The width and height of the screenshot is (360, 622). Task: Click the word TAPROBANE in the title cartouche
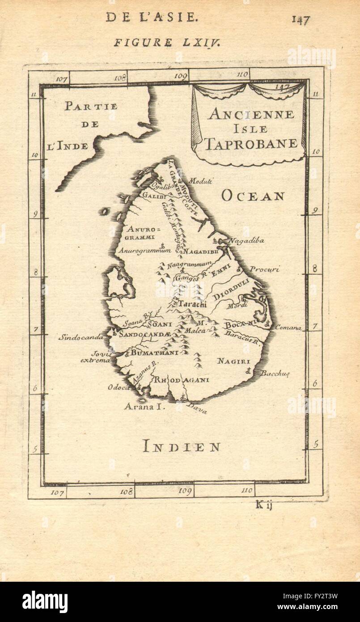click(251, 143)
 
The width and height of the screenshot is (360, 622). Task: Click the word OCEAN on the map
click(253, 196)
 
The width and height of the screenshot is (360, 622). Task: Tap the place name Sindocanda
click(80, 337)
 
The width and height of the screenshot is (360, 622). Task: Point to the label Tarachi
click(192, 304)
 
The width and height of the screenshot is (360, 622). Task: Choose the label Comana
click(288, 328)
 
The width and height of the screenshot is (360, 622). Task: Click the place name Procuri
click(264, 269)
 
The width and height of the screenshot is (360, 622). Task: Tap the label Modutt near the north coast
click(200, 181)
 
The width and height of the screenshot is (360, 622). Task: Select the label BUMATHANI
click(155, 353)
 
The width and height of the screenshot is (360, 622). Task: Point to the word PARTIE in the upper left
click(91, 107)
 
